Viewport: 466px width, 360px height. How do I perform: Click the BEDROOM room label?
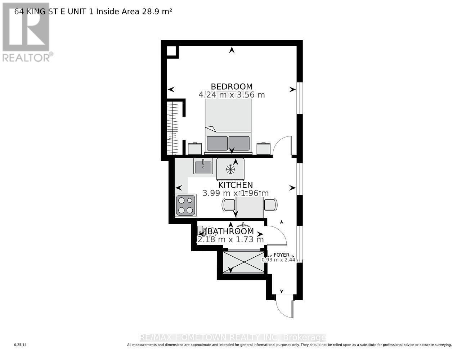pyautogui.click(x=232, y=86)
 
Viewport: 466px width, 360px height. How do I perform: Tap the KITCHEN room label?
pyautogui.click(x=236, y=185)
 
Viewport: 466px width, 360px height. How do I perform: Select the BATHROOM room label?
pyautogui.click(x=230, y=231)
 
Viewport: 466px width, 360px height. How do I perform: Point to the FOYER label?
pyautogui.click(x=281, y=255)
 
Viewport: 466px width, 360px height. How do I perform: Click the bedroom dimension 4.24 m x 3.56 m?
pyautogui.click(x=232, y=95)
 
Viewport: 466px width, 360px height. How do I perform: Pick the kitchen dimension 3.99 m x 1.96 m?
pyautogui.click(x=236, y=193)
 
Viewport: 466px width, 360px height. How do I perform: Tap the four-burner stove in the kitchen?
pyautogui.click(x=185, y=205)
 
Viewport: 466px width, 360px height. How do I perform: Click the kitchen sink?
pyautogui.click(x=203, y=167)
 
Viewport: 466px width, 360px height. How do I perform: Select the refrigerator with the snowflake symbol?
pyautogui.click(x=230, y=169)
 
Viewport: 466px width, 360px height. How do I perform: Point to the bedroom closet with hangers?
pyautogui.click(x=174, y=127)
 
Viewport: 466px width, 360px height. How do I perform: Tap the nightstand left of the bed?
pyautogui.click(x=195, y=148)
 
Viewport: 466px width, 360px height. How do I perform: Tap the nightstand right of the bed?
pyautogui.click(x=264, y=148)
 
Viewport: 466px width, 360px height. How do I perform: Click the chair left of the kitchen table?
pyautogui.click(x=229, y=205)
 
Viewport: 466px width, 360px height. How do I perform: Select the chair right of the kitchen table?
pyautogui.click(x=271, y=204)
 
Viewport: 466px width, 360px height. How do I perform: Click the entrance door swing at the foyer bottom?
pyautogui.click(x=284, y=306)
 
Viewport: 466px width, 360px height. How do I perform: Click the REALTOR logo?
pyautogui.click(x=27, y=32)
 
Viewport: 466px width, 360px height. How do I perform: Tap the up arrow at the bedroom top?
pyautogui.click(x=232, y=50)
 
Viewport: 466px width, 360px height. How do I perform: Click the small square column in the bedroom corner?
pyautogui.click(x=172, y=51)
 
